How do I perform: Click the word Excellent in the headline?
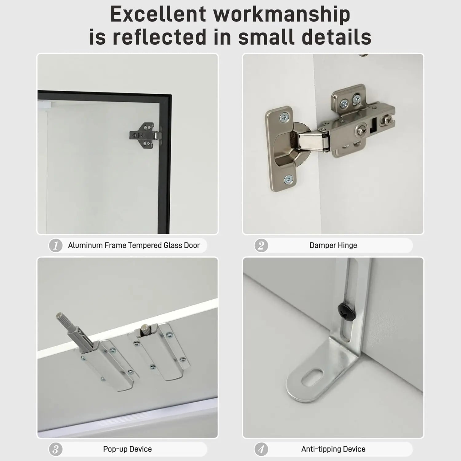[x=158, y=14]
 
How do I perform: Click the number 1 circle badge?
[x=56, y=246]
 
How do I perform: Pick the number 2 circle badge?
[x=261, y=246]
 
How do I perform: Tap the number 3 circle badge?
[x=56, y=450]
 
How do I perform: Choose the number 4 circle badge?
[x=261, y=450]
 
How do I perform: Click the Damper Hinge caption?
[x=333, y=245]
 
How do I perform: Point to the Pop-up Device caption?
[x=128, y=449]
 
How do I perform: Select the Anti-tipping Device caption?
[x=333, y=449]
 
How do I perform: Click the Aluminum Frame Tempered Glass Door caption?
[x=134, y=245]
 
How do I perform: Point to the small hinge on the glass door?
[x=145, y=136]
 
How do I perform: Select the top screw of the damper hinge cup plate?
[x=284, y=116]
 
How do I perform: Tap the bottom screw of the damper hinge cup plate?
[x=288, y=179]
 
